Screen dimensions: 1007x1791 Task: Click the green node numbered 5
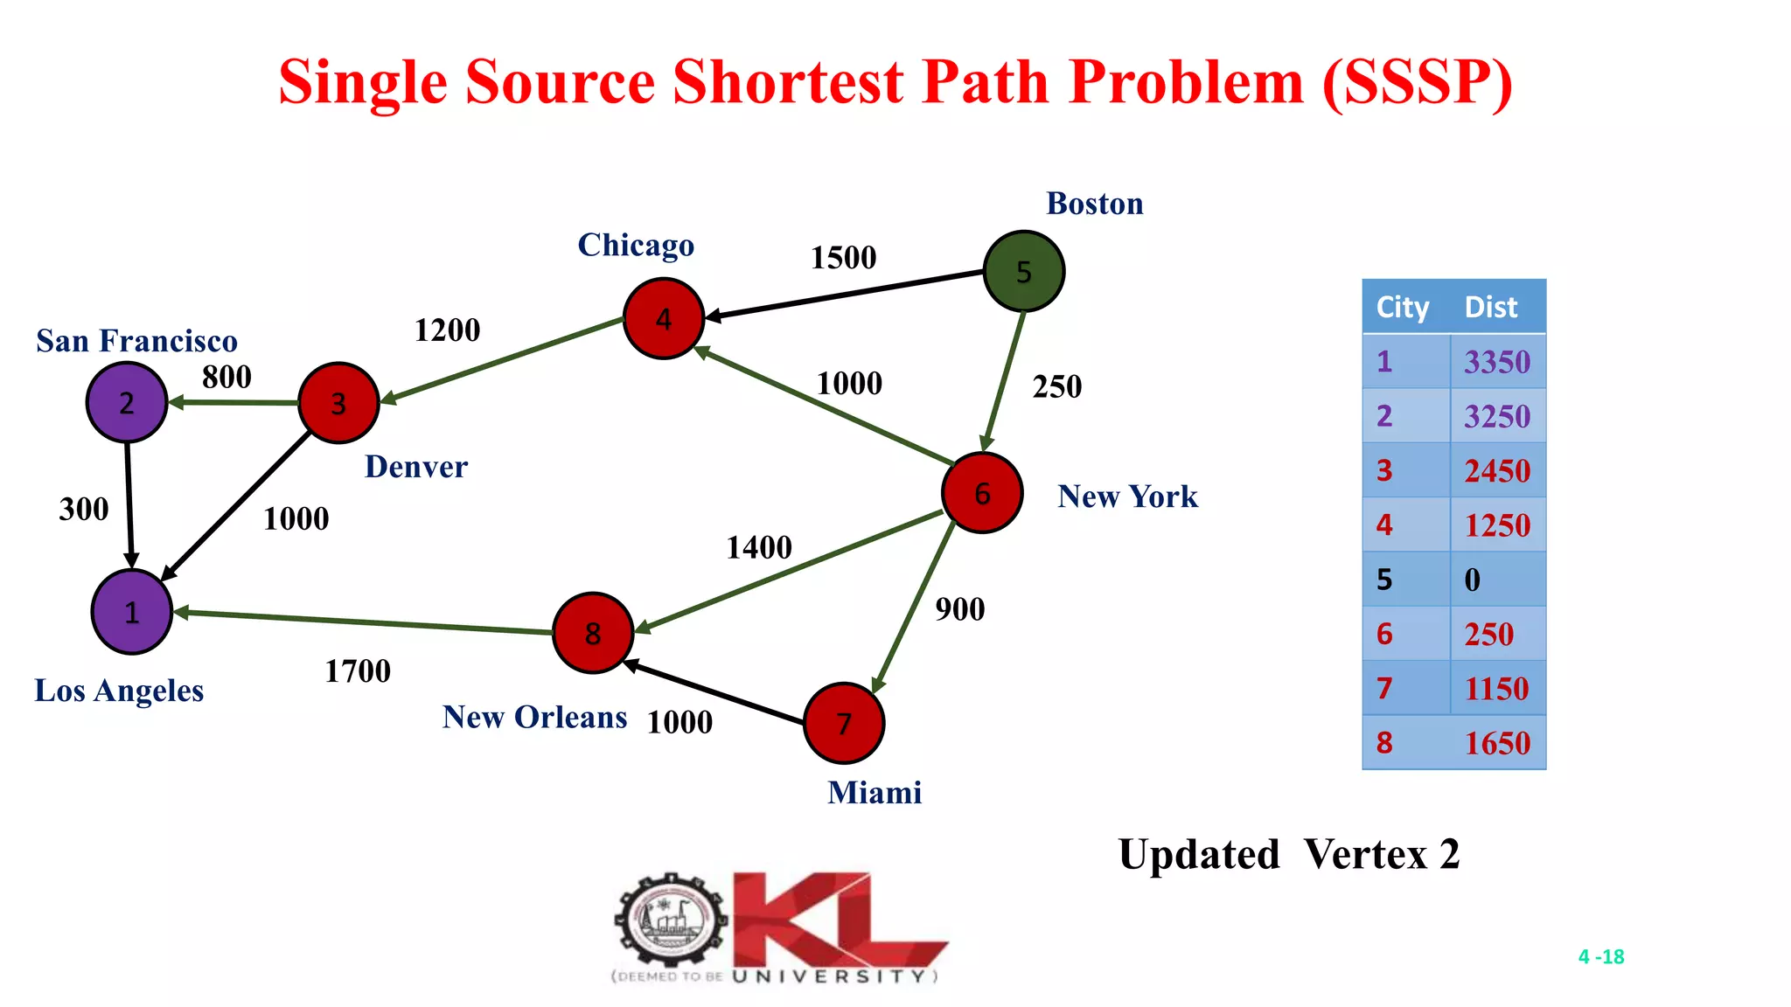click(1023, 271)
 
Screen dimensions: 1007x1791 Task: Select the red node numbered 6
click(982, 493)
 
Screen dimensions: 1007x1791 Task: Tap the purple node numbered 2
click(127, 402)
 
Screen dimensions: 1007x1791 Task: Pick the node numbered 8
click(593, 633)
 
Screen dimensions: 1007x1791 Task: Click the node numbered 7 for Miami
click(844, 723)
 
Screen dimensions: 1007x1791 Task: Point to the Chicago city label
click(636, 246)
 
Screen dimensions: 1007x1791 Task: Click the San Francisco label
click(136, 341)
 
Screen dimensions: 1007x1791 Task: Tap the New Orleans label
click(534, 717)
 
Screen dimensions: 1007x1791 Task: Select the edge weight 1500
click(843, 258)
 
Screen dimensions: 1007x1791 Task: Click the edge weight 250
click(1056, 386)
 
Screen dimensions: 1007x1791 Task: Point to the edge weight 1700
click(358, 671)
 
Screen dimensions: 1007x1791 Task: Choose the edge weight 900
click(959, 609)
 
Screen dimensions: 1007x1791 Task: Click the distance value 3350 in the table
click(1497, 362)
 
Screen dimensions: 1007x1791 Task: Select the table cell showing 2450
click(1497, 471)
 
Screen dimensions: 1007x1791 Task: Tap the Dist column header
click(1491, 307)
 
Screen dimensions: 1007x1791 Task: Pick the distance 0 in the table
click(1473, 580)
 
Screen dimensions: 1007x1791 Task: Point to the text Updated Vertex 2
click(1289, 854)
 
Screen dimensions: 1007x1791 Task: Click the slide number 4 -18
click(1600, 956)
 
